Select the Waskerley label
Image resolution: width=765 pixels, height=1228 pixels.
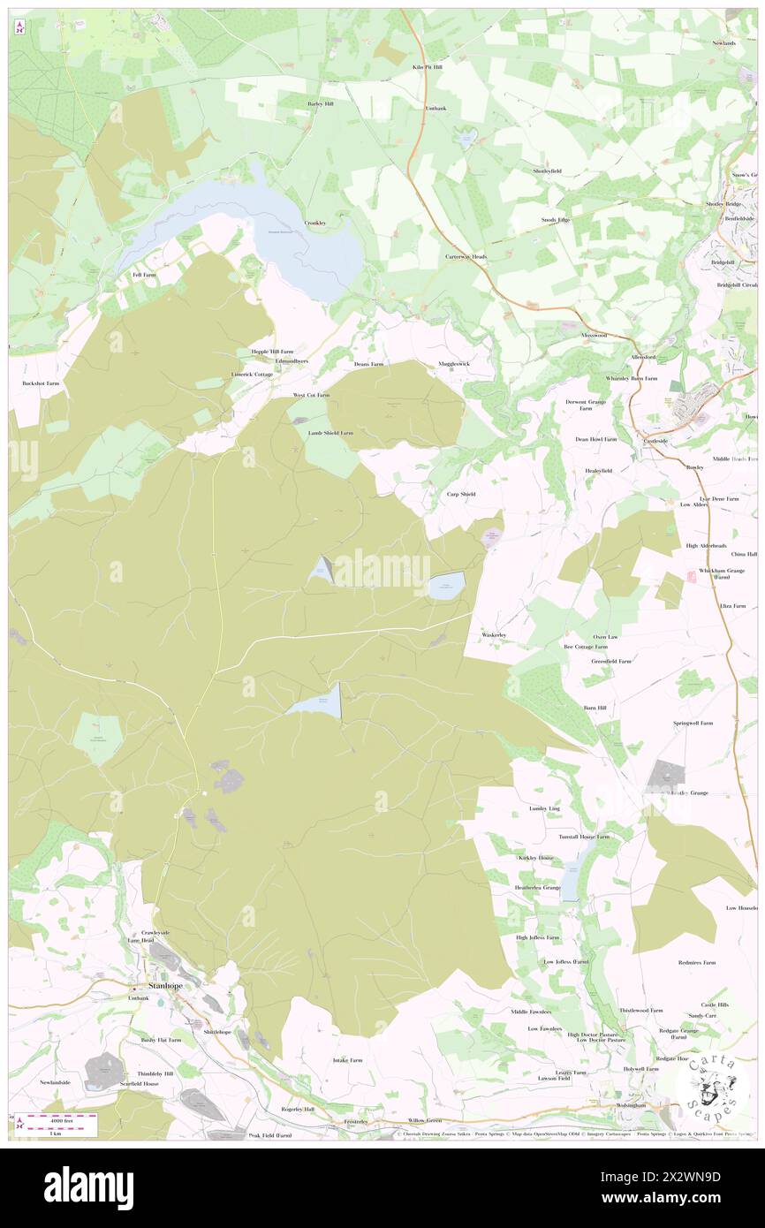[493, 635]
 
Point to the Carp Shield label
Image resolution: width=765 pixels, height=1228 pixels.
[461, 494]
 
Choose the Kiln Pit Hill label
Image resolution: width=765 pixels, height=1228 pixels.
[427, 66]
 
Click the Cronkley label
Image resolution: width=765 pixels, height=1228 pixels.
[315, 223]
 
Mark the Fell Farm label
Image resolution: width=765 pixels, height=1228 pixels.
[144, 275]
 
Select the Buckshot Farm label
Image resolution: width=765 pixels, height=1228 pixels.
[41, 384]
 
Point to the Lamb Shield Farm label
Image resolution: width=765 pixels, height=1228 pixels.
[330, 433]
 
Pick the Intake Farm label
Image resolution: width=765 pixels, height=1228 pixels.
[347, 1059]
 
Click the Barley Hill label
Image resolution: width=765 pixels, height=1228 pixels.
[320, 103]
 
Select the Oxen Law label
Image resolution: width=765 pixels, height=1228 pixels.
[605, 636]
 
